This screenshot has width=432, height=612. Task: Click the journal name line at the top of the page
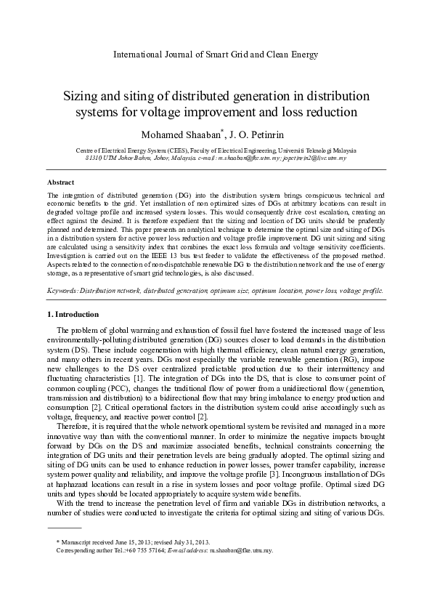coord(216,55)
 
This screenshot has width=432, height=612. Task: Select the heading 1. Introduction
coord(73,314)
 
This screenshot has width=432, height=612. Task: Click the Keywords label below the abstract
coord(62,290)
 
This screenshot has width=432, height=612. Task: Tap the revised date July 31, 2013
coord(189,542)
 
